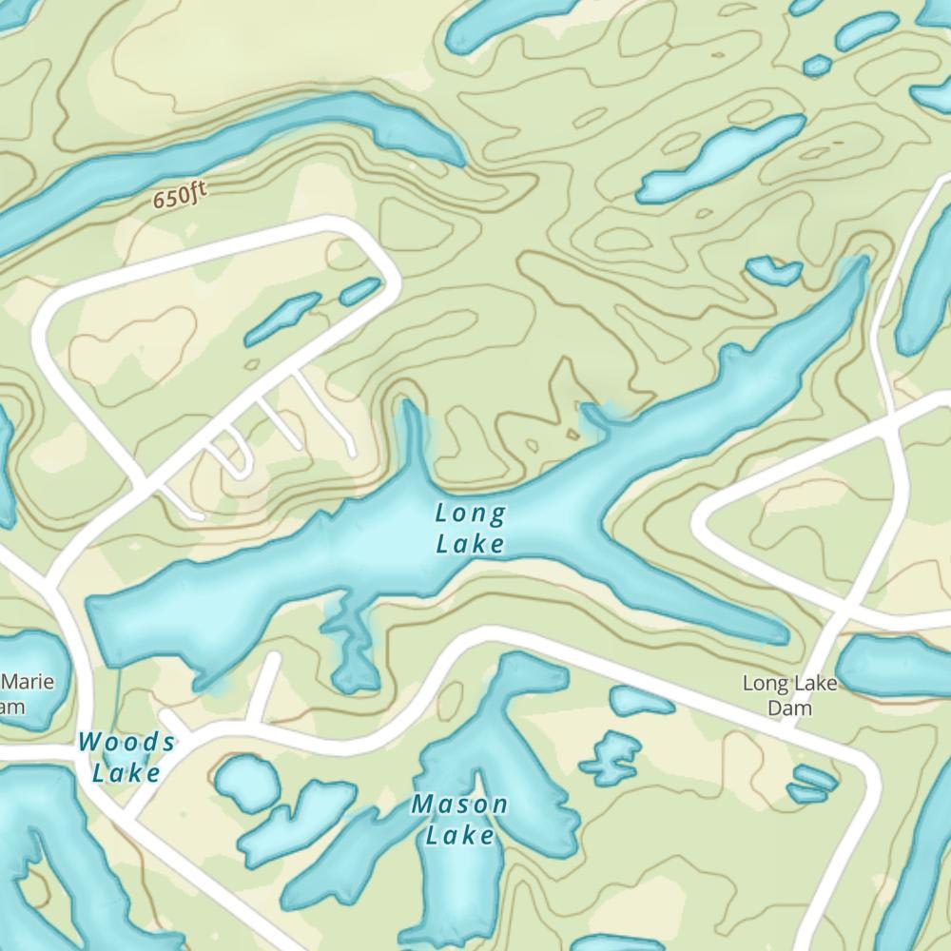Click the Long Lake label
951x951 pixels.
click(469, 529)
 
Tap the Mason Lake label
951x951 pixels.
click(459, 820)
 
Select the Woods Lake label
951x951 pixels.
click(126, 757)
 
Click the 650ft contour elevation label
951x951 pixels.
click(180, 197)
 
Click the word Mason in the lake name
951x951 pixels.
click(459, 805)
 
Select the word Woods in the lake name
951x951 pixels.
click(126, 741)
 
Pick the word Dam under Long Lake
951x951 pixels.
click(789, 709)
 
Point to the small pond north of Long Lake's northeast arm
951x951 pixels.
click(773, 271)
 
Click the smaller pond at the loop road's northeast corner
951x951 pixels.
click(359, 291)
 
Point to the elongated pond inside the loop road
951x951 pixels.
click(282, 319)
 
